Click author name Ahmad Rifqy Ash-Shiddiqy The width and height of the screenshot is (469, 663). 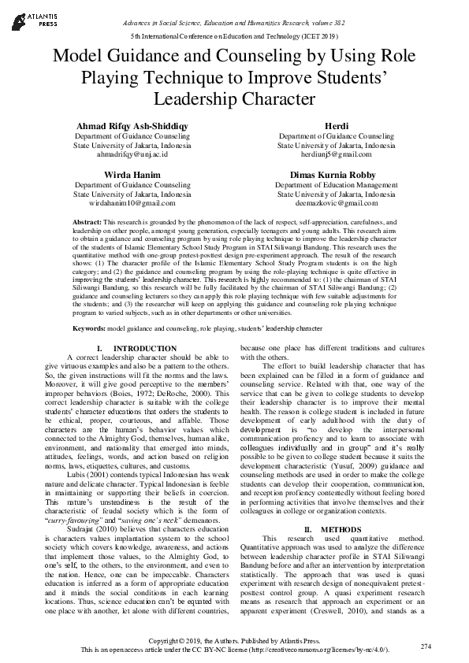coord(132,127)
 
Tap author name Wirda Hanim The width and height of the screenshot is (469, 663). coord(132,175)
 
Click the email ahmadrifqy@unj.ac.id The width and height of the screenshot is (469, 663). coord(132,156)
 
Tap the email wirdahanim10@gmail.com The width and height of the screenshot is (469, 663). coord(132,203)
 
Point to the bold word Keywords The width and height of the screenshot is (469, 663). coord(89,327)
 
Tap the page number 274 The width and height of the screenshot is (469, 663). coord(426,646)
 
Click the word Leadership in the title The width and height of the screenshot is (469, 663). coord(221,100)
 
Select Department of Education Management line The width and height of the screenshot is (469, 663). coord(337,184)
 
